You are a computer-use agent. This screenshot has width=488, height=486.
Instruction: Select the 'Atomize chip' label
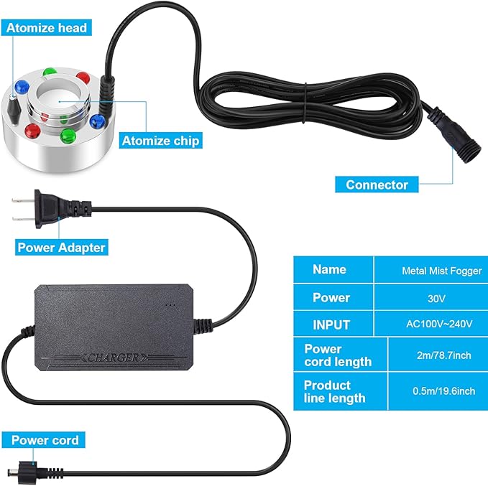click(160, 141)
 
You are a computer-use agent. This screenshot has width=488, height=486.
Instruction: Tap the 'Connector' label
click(377, 184)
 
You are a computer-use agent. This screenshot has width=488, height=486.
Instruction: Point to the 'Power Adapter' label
click(62, 247)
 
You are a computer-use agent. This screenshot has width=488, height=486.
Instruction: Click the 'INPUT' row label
click(331, 324)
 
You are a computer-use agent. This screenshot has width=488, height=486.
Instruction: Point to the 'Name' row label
click(329, 270)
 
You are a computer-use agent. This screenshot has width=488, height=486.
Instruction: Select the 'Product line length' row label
click(334, 391)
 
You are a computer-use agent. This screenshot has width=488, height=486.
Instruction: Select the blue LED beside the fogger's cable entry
click(97, 120)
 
